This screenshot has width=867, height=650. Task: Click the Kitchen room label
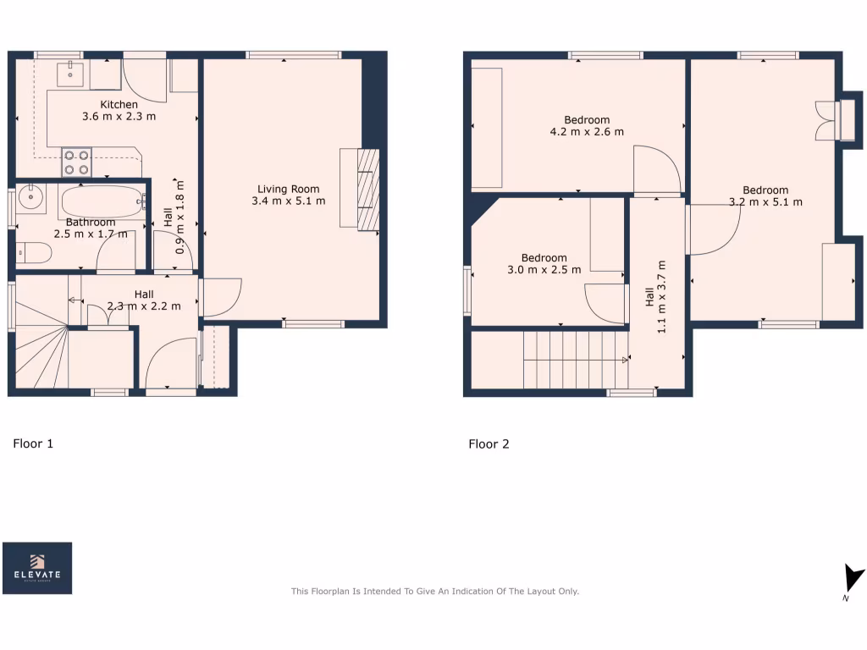tap(119, 105)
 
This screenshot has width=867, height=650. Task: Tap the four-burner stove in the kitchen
tap(76, 162)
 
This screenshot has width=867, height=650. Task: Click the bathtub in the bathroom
tap(102, 202)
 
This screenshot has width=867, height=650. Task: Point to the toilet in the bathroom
tap(33, 253)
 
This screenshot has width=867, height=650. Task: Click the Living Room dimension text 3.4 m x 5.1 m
tap(288, 201)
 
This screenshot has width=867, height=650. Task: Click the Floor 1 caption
tap(33, 443)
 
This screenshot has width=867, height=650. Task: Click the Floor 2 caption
tap(489, 443)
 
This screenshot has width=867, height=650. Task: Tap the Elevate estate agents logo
tap(37, 568)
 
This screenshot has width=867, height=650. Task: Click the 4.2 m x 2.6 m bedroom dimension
tap(587, 132)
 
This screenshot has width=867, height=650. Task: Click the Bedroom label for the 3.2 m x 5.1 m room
tap(765, 190)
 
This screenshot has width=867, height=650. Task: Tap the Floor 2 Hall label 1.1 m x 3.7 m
tap(655, 309)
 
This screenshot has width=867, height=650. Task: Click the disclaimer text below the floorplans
tap(434, 592)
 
